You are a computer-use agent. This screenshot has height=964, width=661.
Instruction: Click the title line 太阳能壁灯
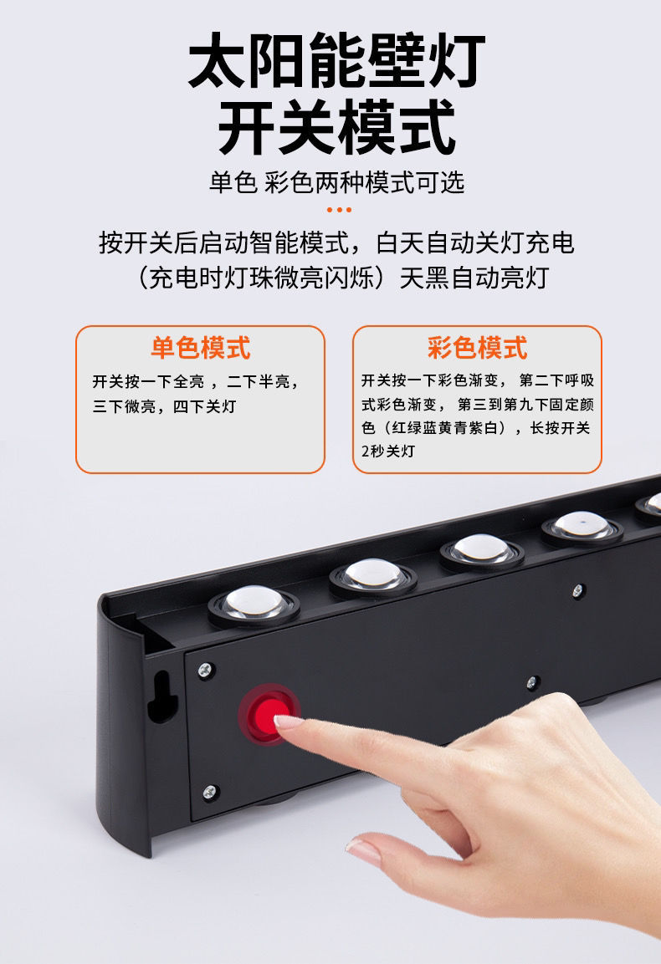point(336,64)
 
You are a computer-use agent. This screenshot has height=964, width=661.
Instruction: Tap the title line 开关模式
point(336,127)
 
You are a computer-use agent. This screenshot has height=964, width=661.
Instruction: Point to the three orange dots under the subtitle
point(338,210)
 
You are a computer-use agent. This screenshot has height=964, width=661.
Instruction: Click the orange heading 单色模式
point(200,348)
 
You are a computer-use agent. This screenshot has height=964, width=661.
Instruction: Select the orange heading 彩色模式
point(477,348)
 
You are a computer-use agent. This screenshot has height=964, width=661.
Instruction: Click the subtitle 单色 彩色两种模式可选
point(336,182)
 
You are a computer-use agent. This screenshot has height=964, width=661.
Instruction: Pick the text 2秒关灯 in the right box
point(387,451)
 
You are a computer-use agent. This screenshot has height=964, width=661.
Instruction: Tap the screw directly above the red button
point(205,670)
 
